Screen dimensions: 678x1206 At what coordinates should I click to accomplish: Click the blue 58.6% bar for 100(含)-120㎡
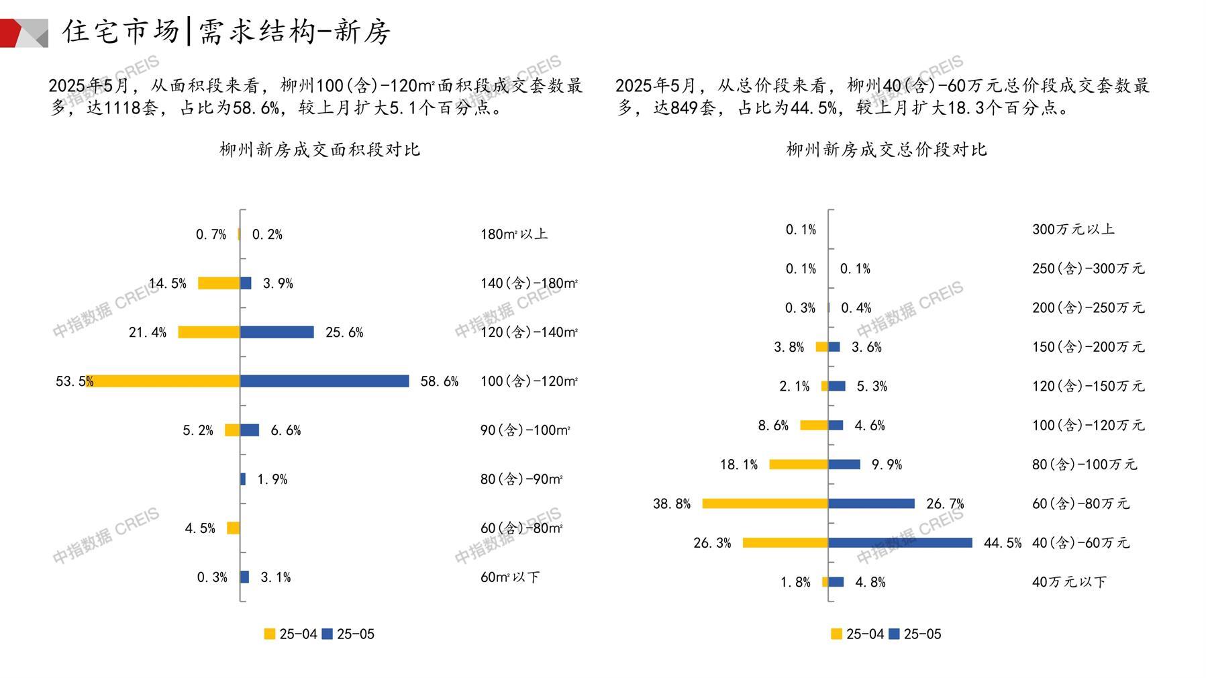(324, 381)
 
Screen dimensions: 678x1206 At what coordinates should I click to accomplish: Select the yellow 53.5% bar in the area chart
(163, 381)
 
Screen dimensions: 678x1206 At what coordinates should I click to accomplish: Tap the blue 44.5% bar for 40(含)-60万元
(900, 542)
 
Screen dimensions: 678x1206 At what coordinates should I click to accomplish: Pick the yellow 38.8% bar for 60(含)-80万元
(765, 503)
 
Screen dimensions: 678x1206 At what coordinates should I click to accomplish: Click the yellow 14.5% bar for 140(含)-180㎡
(219, 283)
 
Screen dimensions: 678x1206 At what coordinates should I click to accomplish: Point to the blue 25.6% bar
(277, 332)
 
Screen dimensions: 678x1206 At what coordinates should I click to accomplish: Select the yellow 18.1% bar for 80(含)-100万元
(799, 465)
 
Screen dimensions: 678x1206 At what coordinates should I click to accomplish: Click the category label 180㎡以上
(513, 234)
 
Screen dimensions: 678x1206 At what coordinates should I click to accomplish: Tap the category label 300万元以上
(1072, 230)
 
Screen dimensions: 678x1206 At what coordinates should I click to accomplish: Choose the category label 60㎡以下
(509, 577)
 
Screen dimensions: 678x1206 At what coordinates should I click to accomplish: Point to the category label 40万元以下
(1068, 582)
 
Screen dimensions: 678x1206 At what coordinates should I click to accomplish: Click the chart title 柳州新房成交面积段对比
(319, 149)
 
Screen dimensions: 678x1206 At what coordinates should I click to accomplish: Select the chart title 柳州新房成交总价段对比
(886, 149)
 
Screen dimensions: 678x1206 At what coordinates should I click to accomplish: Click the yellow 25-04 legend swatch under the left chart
(270, 634)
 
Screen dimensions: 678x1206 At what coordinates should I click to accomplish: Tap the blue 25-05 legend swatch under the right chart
(894, 634)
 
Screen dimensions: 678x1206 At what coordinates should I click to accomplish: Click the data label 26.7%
(945, 503)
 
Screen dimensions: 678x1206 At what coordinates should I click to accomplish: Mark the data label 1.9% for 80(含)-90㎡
(272, 479)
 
